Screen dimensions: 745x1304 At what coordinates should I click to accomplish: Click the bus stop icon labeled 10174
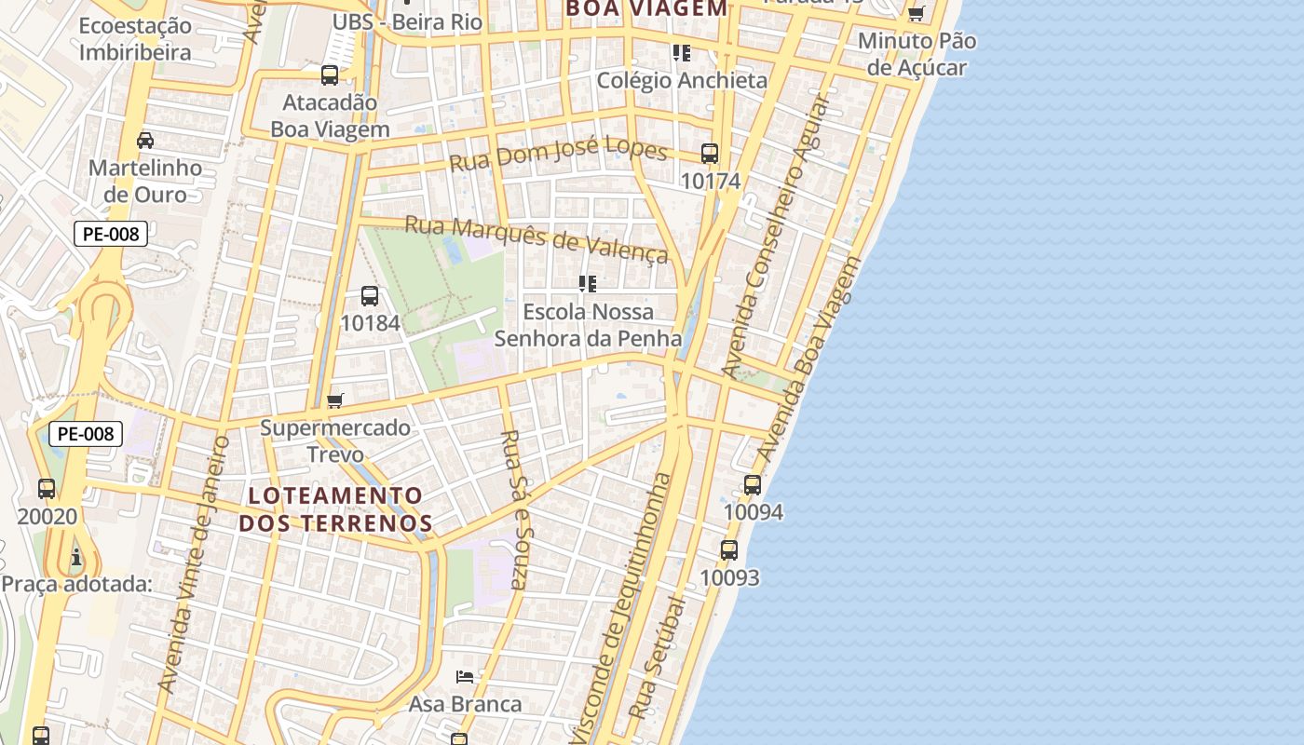pos(710,154)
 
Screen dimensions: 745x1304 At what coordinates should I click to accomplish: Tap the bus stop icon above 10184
pos(370,297)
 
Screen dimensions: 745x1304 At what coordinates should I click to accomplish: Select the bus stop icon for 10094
pos(753,485)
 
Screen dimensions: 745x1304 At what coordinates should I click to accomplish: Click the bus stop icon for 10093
pos(729,550)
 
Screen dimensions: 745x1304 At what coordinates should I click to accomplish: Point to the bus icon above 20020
pos(47,489)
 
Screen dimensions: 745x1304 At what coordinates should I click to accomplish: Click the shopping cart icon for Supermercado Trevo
pos(335,401)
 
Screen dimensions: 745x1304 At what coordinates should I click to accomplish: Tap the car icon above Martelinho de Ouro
pos(145,141)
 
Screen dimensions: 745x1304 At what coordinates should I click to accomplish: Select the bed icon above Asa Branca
pos(465,676)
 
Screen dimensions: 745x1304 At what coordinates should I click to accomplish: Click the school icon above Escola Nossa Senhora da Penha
pos(588,284)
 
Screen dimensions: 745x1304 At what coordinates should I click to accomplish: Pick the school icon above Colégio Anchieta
pos(682,53)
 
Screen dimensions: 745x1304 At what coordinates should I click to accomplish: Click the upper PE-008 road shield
pos(111,234)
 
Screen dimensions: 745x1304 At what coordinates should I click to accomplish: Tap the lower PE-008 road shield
pos(86,433)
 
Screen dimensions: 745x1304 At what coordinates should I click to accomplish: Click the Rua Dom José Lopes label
pos(558,154)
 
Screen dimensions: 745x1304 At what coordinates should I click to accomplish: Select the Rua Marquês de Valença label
pos(537,238)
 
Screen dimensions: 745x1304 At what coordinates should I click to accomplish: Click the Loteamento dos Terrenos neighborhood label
pos(335,509)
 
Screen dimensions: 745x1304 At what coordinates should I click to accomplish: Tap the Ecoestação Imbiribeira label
pos(135,39)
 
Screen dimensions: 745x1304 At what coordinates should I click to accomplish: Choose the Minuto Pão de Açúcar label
pos(917,54)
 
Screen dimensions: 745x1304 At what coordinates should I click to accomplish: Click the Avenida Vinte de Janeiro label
pos(195,563)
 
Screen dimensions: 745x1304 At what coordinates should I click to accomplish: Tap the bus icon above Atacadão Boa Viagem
pos(330,75)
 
